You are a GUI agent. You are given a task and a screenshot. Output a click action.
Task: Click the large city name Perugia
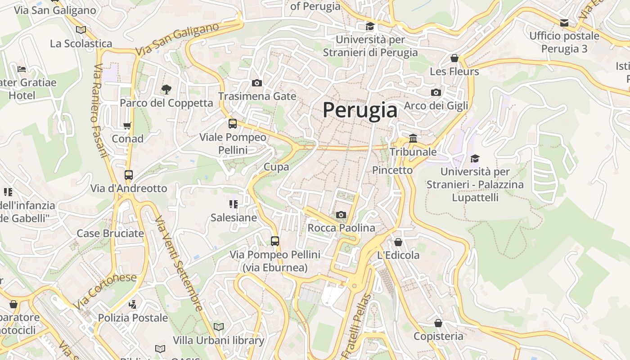(x=360, y=110)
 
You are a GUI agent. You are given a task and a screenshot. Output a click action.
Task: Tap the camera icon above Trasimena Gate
(x=257, y=83)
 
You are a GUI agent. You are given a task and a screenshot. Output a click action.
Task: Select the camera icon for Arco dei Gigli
(x=436, y=92)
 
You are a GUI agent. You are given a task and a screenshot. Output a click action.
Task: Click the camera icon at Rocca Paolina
(x=341, y=215)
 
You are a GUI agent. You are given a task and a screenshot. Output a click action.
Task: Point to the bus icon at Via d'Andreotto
(x=129, y=175)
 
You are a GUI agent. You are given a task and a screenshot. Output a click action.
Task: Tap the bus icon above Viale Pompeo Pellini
(x=233, y=123)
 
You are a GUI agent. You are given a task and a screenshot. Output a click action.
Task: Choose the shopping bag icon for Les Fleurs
(x=454, y=58)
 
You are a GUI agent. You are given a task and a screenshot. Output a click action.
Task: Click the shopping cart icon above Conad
(x=127, y=126)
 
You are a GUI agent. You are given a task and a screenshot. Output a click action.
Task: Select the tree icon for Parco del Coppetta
(x=166, y=89)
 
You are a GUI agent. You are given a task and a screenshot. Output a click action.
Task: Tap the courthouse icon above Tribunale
(x=413, y=138)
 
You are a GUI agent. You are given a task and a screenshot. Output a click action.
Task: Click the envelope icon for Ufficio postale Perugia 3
(x=564, y=23)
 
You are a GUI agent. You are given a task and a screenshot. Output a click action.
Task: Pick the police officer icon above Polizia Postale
(x=132, y=305)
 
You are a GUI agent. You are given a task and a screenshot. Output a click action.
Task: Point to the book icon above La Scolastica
(x=81, y=30)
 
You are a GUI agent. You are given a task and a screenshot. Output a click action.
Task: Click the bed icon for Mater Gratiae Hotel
(x=22, y=69)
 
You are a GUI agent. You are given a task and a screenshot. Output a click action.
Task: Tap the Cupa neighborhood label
(x=276, y=167)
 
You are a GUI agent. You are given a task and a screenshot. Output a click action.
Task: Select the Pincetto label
(x=392, y=170)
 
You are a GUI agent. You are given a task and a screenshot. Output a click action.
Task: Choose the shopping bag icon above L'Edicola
(x=398, y=242)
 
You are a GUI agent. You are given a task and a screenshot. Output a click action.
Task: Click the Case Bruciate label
(x=110, y=233)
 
